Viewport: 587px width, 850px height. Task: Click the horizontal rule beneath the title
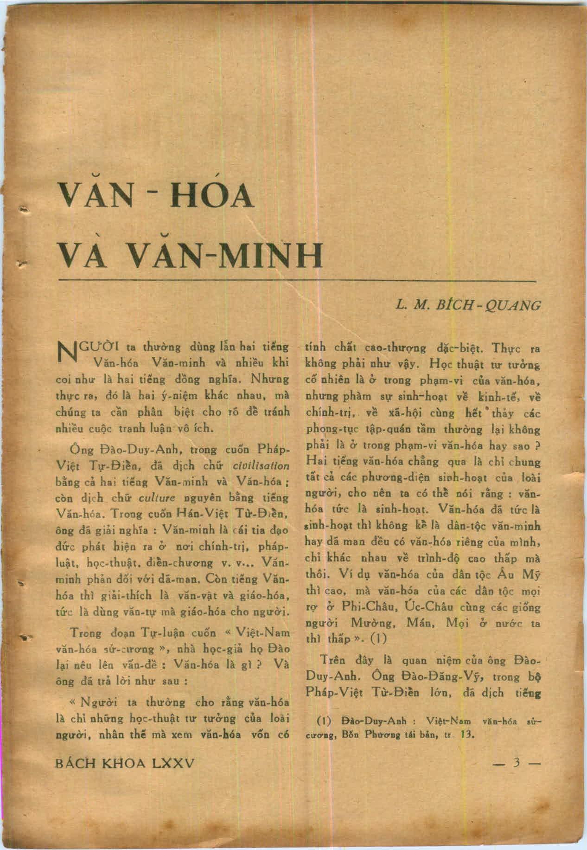point(297,282)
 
